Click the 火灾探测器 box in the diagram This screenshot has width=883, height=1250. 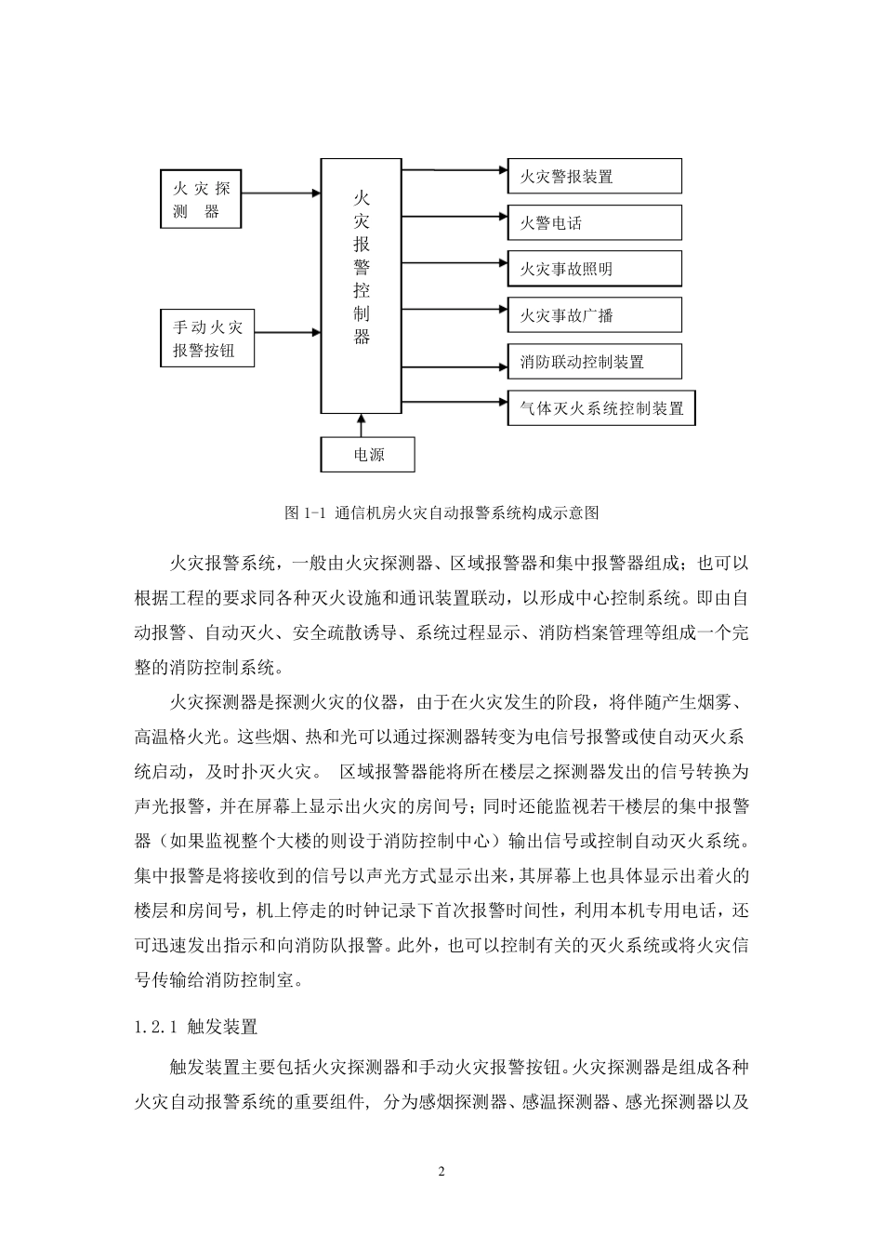[x=201, y=199]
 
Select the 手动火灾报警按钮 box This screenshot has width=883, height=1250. [x=207, y=338]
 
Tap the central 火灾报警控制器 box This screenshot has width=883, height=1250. [x=362, y=285]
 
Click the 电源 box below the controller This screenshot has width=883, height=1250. [x=368, y=455]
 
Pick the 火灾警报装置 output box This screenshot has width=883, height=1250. [x=595, y=177]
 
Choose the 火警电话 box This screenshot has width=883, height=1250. [x=595, y=223]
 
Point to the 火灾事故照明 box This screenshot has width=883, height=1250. [x=595, y=269]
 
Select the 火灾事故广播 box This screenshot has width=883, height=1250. [x=595, y=315]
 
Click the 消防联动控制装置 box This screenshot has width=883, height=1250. [x=595, y=362]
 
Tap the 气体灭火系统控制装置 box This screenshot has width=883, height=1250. [x=601, y=408]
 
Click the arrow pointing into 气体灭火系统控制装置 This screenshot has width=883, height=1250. [x=455, y=402]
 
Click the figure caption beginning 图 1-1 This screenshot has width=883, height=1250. [x=441, y=512]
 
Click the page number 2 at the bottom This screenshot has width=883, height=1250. [x=441, y=1171]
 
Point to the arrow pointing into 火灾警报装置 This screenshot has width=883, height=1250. [x=455, y=170]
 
